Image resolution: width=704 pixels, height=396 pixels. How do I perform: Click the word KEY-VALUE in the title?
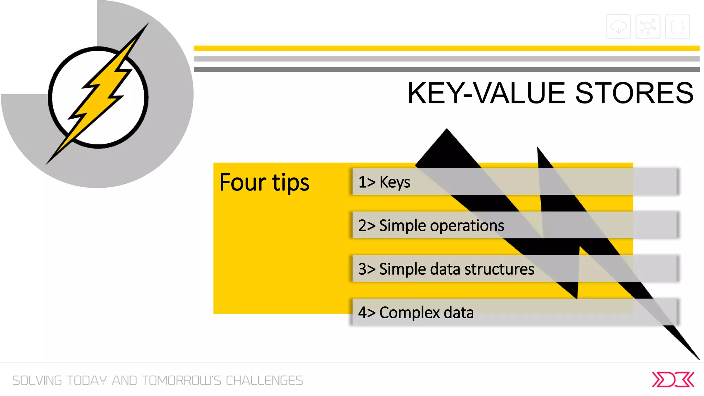coord(486,93)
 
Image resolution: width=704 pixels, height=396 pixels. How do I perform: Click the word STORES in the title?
coord(634,93)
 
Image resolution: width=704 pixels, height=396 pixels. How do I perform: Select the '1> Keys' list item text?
coord(384,182)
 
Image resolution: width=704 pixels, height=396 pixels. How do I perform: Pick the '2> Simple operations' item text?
coord(431,226)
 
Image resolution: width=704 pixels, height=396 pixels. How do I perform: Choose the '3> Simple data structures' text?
coord(446,269)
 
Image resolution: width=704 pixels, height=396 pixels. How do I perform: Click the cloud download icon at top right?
coord(618,26)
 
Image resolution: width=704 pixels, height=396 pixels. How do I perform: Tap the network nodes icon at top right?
coord(648,26)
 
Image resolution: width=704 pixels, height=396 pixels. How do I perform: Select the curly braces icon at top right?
coord(677,26)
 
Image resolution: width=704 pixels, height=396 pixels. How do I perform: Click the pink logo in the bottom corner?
coord(673,380)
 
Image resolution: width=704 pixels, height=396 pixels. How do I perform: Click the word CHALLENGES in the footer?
coord(264,381)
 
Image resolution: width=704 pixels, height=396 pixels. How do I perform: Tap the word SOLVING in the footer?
coord(37,381)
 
